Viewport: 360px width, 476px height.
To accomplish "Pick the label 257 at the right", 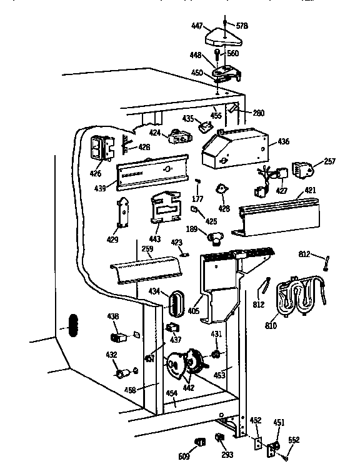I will pos(330,161).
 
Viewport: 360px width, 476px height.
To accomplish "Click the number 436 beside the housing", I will pos(283,141).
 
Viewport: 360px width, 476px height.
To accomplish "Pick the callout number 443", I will pos(154,239).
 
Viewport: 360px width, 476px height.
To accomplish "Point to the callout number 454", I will pos(171,393).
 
